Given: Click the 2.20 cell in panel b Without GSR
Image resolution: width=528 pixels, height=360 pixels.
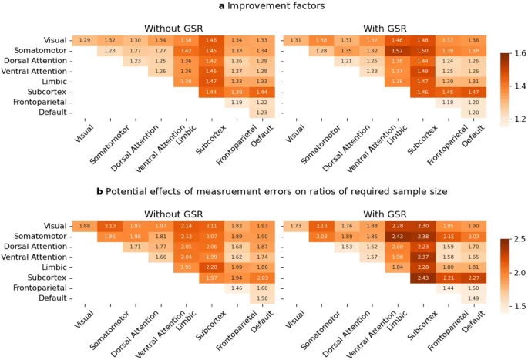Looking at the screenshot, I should click(210, 267).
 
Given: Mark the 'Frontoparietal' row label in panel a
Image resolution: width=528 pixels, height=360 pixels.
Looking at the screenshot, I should click(42, 102).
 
